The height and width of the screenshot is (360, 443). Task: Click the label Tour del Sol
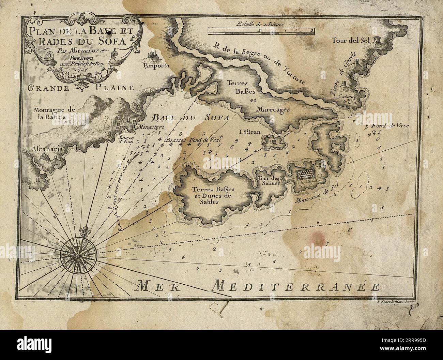[x=351, y=41]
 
